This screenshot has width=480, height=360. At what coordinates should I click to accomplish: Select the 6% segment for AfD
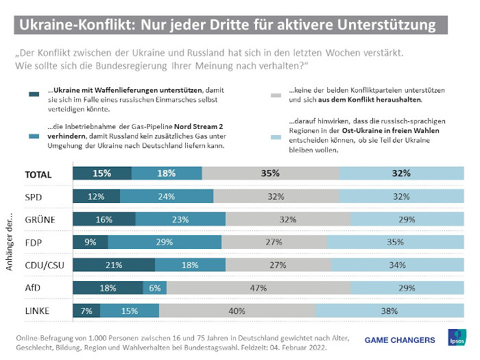[155, 289]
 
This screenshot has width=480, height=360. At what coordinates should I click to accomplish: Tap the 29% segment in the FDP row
[165, 242]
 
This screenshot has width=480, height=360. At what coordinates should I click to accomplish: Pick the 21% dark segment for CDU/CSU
[114, 265]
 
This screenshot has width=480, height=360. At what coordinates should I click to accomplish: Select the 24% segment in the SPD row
[167, 196]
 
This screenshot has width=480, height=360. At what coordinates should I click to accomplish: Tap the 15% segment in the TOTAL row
[102, 173]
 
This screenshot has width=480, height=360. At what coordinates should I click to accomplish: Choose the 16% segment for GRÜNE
[104, 219]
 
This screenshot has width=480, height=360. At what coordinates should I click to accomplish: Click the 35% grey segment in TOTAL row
[270, 173]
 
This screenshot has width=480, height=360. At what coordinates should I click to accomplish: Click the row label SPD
[35, 197]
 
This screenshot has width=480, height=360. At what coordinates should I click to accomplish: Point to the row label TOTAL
[38, 174]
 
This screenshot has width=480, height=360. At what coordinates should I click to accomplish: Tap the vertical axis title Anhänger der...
[11, 243]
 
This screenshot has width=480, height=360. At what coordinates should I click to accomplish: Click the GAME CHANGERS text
[399, 339]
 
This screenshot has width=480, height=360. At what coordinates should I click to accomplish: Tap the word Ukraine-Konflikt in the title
[77, 25]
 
